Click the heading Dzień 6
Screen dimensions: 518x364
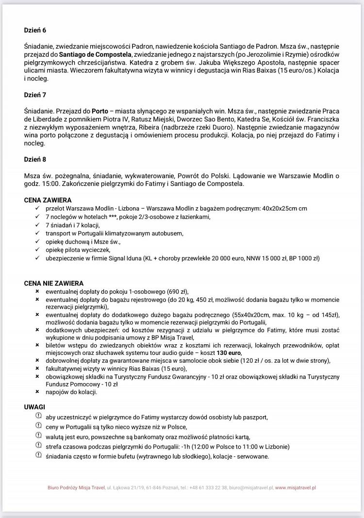(35, 30)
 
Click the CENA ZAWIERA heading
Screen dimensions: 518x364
(48, 200)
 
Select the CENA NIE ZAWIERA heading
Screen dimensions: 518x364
(54, 283)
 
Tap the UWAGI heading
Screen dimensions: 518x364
(34, 406)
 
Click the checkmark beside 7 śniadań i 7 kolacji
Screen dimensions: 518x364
(37, 225)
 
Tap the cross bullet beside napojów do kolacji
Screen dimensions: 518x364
(37, 391)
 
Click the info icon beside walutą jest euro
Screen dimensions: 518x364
(38, 436)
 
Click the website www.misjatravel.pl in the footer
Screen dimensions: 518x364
(296, 487)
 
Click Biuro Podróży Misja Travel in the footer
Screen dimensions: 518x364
(76, 487)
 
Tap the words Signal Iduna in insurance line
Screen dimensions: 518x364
(122, 258)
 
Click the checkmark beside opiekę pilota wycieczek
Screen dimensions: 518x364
(37, 250)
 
